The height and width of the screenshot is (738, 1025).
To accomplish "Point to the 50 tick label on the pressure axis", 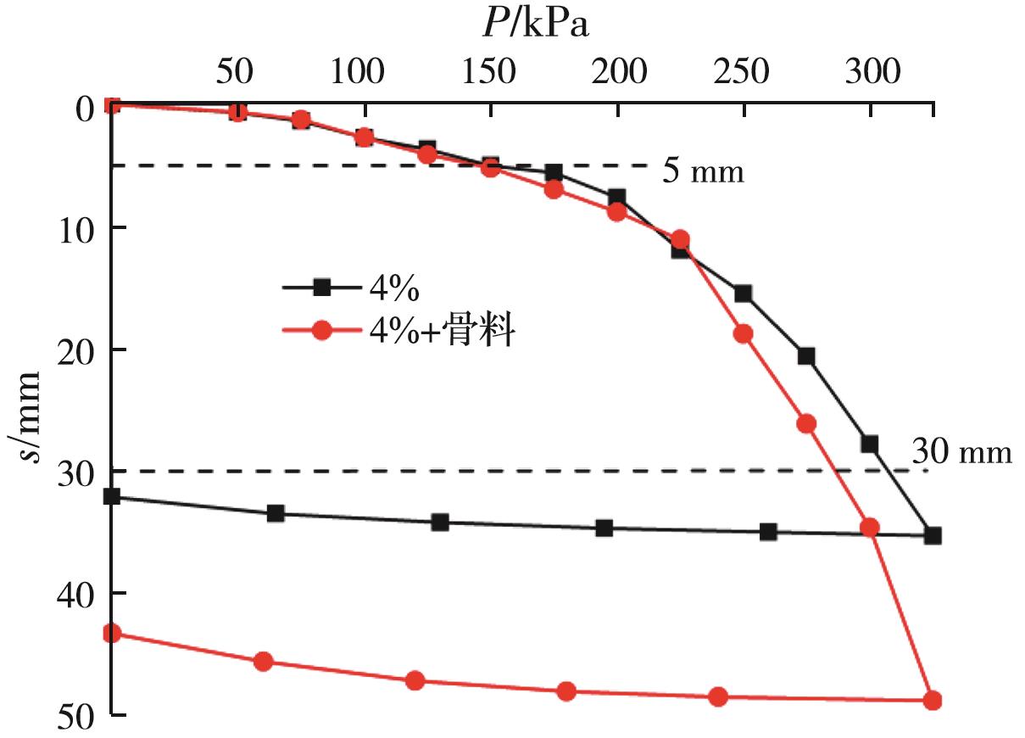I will point(233,73).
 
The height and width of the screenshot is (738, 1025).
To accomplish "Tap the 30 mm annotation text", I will point(961,452).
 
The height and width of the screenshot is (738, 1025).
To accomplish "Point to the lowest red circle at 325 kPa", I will point(933,701).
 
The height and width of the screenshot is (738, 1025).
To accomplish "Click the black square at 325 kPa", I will point(933,535).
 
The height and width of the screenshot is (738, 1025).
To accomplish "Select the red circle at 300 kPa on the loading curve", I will point(870,527).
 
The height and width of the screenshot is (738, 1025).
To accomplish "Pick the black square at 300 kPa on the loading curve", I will point(869,444).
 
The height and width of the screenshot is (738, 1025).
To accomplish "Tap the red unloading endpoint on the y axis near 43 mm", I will point(111,633).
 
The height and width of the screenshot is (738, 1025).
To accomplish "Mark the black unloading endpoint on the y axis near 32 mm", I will point(111,496).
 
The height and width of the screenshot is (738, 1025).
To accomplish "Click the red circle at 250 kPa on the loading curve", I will point(743,333).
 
